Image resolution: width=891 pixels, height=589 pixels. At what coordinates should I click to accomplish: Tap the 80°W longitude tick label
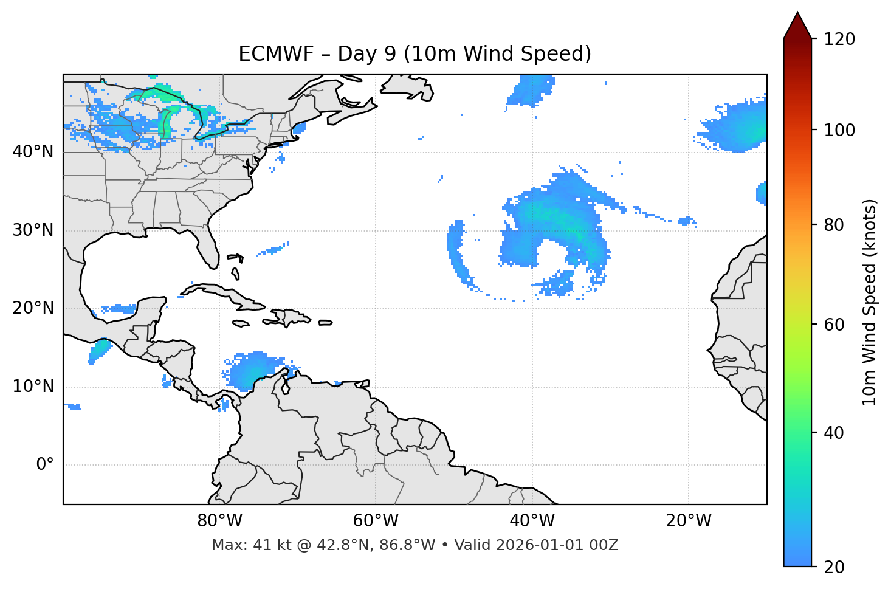(x=219, y=521)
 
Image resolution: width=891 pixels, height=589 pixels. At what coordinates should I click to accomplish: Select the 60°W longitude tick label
(x=376, y=521)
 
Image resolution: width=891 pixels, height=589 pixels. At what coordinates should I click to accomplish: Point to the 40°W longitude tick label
(x=532, y=521)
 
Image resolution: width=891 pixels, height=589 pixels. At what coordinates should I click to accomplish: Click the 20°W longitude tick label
(x=688, y=521)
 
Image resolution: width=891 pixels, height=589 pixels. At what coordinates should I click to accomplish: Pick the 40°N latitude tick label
(x=33, y=152)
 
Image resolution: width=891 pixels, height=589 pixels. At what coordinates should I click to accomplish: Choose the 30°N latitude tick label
(x=33, y=230)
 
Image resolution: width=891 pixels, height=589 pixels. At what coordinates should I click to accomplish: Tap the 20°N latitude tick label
(x=33, y=308)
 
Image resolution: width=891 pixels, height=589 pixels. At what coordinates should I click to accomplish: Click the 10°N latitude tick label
(x=33, y=387)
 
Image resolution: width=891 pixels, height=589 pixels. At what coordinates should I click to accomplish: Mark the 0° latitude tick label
(x=45, y=465)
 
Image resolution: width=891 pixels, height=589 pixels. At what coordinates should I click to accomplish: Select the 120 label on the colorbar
(x=839, y=40)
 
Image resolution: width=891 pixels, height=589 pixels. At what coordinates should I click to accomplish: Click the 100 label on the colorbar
(x=839, y=130)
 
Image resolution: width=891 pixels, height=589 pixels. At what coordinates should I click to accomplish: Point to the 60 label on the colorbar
(x=834, y=325)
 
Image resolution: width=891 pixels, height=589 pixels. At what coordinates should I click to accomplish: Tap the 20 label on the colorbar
(x=834, y=567)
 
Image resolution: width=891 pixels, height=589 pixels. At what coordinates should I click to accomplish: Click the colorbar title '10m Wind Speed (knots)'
(x=870, y=303)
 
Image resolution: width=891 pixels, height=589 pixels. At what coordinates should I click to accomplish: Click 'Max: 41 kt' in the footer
(x=238, y=545)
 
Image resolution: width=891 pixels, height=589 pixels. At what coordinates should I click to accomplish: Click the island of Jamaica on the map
(x=241, y=323)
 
